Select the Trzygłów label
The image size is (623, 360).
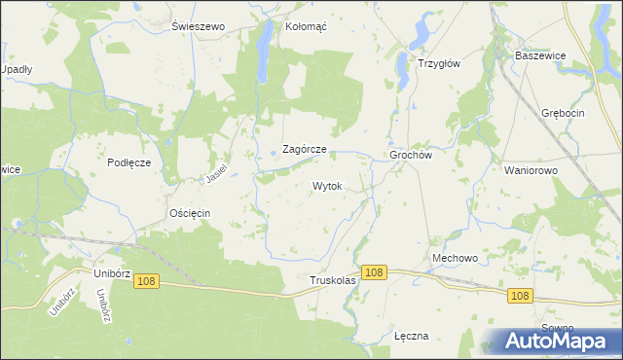[x=438, y=63]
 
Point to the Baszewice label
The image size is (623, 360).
[x=541, y=55]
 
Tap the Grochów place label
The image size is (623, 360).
[x=410, y=155]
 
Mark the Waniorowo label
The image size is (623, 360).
[x=531, y=169]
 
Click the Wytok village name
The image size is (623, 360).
[x=327, y=185]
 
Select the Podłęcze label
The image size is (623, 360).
[x=128, y=162]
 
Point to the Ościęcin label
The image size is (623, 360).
[x=190, y=212]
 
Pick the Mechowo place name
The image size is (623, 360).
[x=455, y=258]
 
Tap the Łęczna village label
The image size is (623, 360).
[x=411, y=336]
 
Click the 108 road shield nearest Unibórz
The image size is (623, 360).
[x=146, y=281]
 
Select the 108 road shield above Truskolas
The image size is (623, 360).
[x=374, y=273]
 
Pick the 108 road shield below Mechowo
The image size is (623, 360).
[x=520, y=296]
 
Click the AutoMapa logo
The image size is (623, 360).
[x=555, y=341]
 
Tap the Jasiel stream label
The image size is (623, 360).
[x=215, y=173]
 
